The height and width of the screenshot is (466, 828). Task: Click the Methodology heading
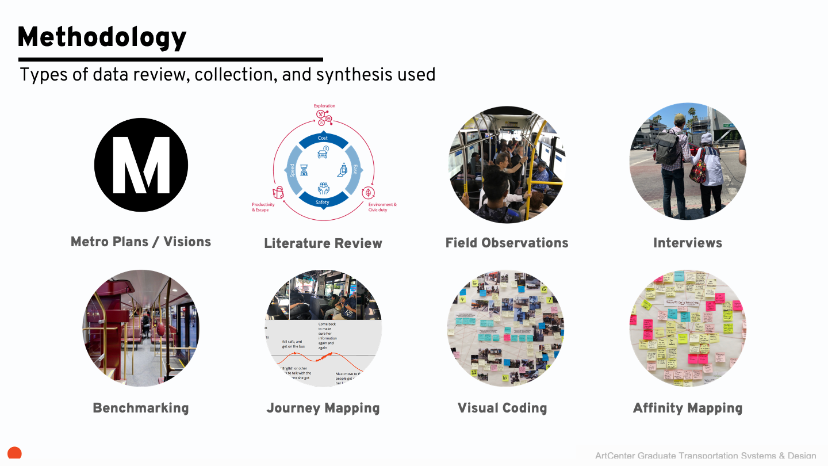click(x=102, y=38)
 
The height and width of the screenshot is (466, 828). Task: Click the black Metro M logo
click(x=141, y=166)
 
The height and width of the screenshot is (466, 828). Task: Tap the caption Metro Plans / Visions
click(x=141, y=242)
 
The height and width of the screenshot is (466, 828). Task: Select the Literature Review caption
click(x=323, y=243)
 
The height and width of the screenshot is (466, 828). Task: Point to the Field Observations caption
click(x=507, y=243)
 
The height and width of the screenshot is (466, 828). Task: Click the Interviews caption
click(x=688, y=243)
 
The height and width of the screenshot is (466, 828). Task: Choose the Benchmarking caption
click(x=141, y=408)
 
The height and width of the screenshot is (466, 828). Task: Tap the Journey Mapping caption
click(x=323, y=408)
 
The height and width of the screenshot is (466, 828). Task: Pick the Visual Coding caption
click(x=502, y=408)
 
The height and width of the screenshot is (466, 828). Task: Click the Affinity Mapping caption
click(x=688, y=408)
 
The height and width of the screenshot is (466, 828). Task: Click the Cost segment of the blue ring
click(x=323, y=139)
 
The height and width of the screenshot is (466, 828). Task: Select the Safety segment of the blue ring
click(x=323, y=202)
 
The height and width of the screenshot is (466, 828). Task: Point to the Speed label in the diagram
click(x=292, y=170)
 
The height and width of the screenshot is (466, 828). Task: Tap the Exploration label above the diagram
click(x=324, y=106)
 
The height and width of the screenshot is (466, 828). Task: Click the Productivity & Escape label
click(x=263, y=207)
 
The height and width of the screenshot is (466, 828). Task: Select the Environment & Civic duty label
click(x=382, y=207)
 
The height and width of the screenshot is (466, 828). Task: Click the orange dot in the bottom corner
click(x=14, y=453)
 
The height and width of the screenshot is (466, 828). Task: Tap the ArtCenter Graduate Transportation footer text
click(x=706, y=456)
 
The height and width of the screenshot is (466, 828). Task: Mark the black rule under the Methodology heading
click(x=171, y=59)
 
